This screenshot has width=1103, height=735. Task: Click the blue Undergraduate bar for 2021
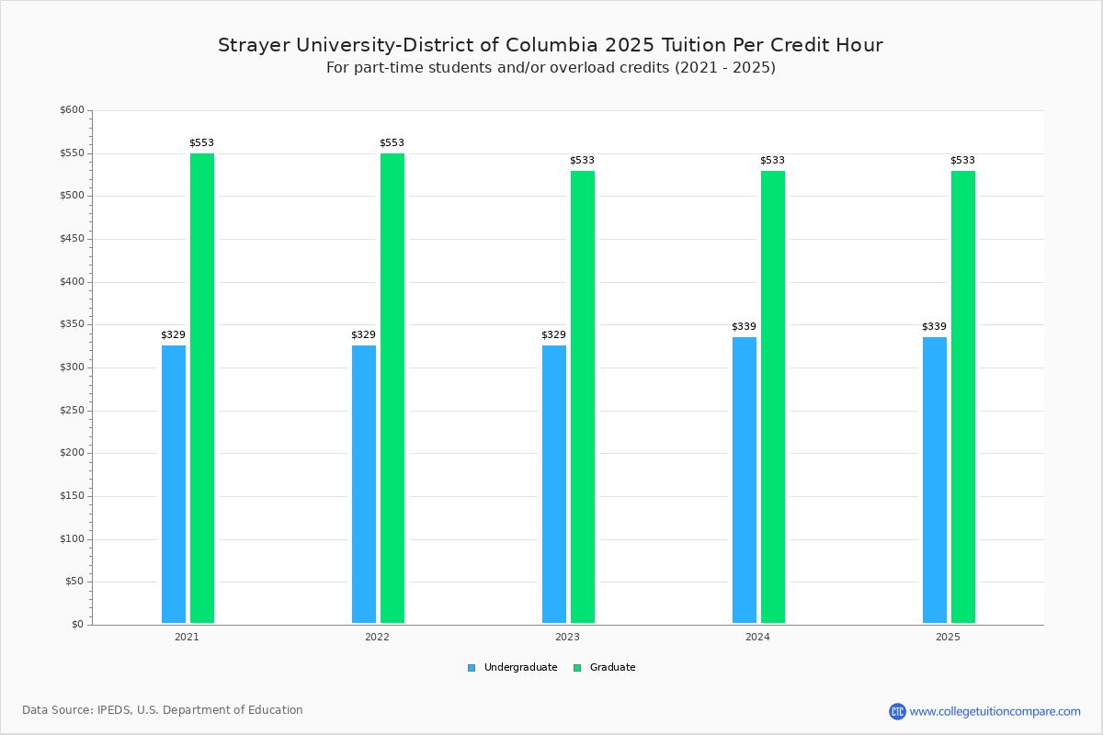pos(174,484)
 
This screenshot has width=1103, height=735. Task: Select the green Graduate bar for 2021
pos(202,388)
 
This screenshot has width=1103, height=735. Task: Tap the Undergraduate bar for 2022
pos(364,484)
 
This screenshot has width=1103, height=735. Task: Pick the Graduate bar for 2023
pos(583,397)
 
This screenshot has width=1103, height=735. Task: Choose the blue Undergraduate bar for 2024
pos(745,480)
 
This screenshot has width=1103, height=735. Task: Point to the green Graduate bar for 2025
pos(963,397)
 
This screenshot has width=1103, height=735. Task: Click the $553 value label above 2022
pos(392,143)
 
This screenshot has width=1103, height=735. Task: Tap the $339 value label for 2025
pos(934,327)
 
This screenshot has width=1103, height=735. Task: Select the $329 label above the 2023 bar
pos(553,335)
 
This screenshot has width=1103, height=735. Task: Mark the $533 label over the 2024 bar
pos(772,161)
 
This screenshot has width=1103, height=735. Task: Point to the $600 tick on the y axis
pos(72,110)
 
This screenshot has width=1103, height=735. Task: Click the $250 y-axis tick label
pos(72,411)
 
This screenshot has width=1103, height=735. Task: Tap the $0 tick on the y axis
pos(77,625)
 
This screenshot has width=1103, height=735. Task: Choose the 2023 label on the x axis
pos(567,637)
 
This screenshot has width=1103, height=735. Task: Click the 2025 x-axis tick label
pos(948,637)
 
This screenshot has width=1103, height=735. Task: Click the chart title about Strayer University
pos(551,45)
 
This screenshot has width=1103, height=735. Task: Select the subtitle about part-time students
pos(551,68)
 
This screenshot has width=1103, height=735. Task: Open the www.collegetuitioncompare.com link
pos(995,711)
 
